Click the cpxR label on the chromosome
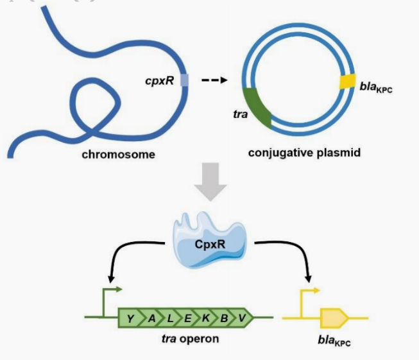[160, 81]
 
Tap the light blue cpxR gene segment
[185, 80]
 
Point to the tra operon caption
[190, 338]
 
